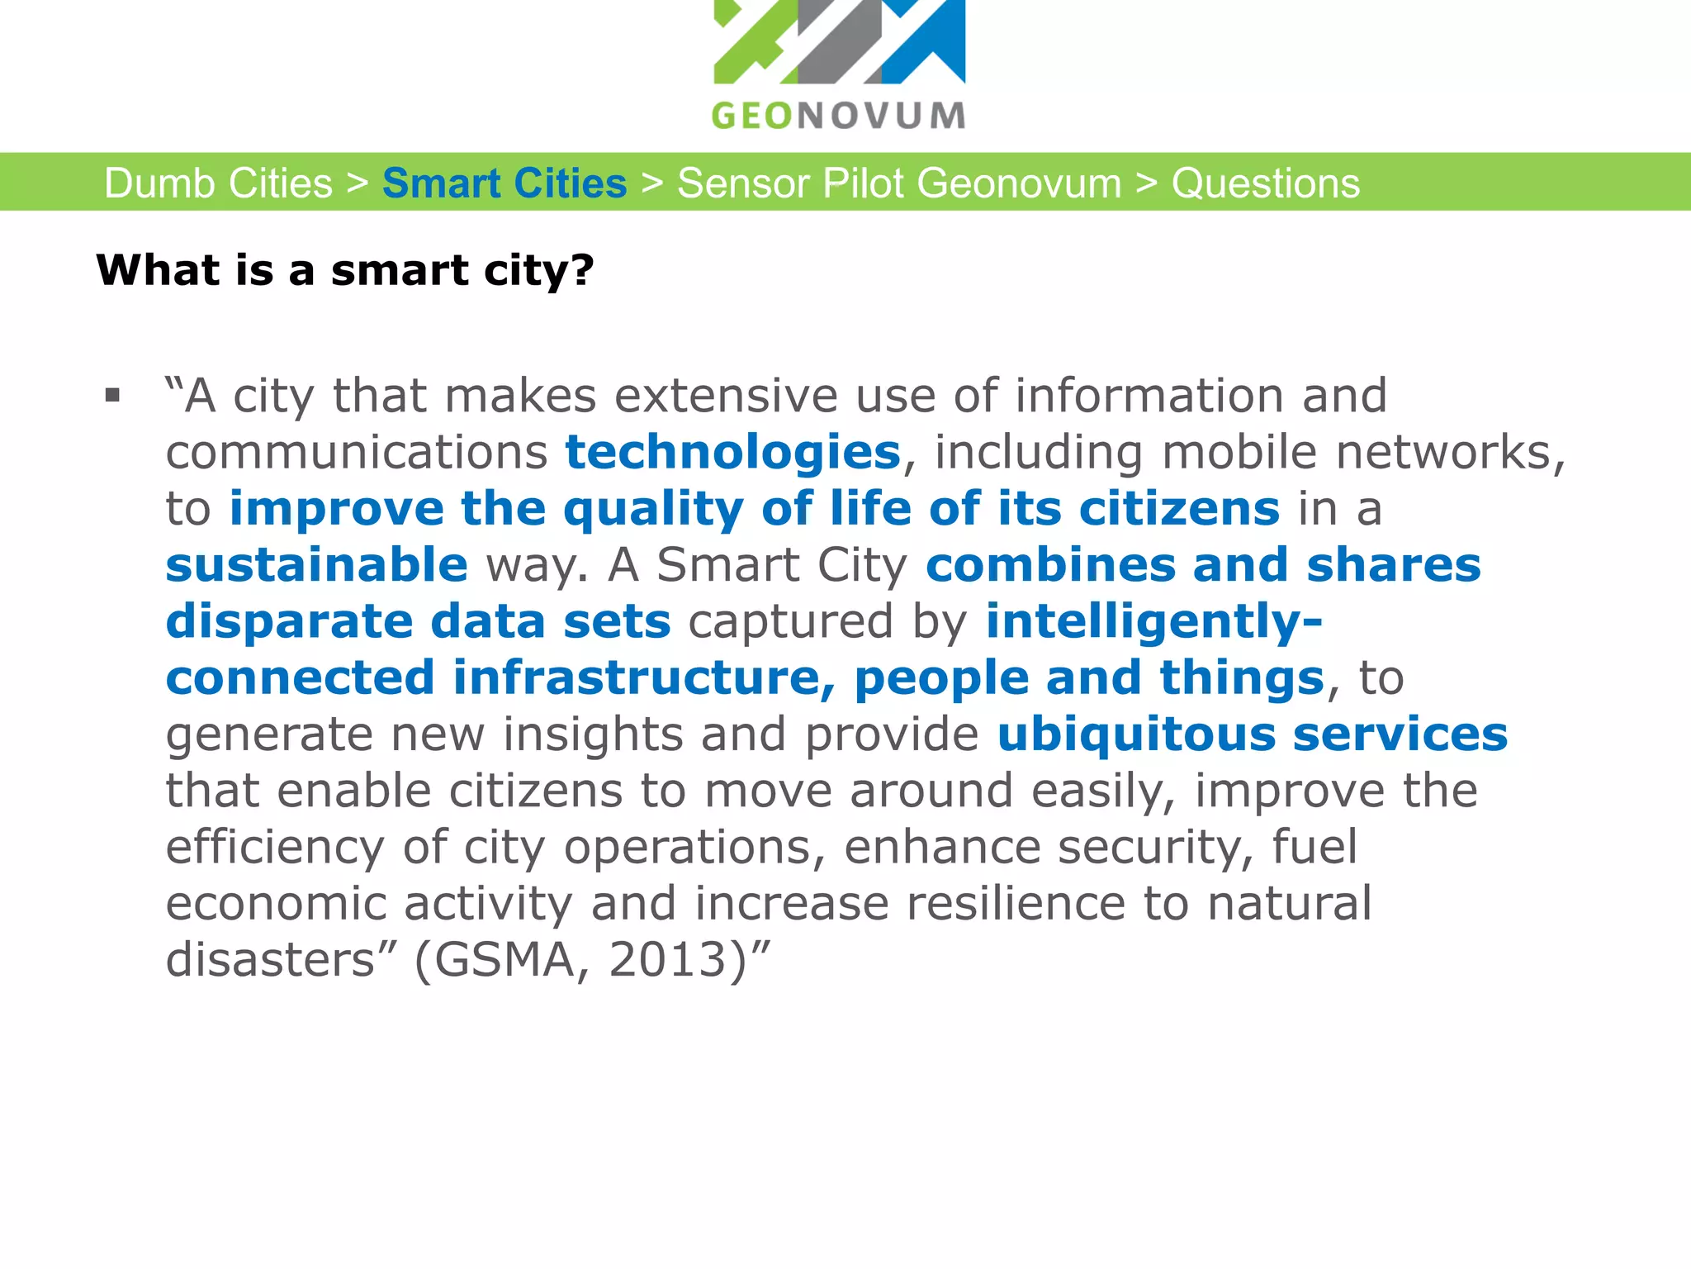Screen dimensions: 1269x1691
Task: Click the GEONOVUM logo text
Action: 838,116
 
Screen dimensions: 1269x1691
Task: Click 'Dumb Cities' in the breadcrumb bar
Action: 218,183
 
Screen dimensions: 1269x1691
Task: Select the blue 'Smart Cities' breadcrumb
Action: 504,183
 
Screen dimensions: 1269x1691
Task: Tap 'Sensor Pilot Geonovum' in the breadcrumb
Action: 899,183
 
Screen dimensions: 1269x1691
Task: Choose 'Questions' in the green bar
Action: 1265,183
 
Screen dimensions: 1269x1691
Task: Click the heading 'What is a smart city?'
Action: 345,270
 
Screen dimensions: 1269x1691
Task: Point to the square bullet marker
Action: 113,396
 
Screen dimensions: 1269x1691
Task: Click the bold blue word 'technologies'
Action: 732,452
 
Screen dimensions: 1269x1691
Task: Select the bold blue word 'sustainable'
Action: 317,565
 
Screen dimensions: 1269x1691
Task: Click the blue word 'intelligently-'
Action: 1153,621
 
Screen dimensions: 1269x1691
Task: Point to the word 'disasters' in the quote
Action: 271,960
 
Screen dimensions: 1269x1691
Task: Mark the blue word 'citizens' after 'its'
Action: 1179,508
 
